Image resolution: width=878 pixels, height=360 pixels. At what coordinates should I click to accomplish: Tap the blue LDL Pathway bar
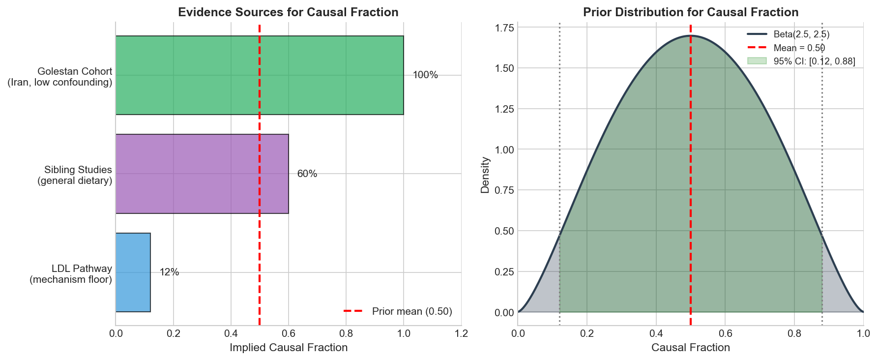(133, 272)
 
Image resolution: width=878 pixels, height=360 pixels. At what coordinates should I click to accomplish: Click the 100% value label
(425, 75)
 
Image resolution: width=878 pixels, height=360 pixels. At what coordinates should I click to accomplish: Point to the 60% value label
(307, 174)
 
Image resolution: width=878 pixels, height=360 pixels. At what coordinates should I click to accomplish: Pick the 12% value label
(169, 272)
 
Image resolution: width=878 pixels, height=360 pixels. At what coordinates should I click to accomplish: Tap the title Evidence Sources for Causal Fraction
(288, 12)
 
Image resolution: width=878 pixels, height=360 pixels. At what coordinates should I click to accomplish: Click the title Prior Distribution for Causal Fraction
(691, 12)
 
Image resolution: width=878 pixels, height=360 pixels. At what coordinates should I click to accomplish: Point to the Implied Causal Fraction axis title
(289, 348)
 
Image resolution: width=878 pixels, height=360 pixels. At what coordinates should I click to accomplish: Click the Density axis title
(486, 175)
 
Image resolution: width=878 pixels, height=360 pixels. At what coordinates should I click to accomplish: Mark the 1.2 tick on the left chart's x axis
(461, 334)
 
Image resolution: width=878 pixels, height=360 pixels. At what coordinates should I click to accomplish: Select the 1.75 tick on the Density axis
(504, 28)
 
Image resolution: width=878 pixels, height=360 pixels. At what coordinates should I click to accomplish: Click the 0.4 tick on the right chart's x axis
(656, 334)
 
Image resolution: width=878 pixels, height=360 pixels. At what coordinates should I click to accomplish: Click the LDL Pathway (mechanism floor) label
(71, 274)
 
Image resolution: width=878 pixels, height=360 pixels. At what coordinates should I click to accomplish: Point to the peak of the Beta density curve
(691, 35)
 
